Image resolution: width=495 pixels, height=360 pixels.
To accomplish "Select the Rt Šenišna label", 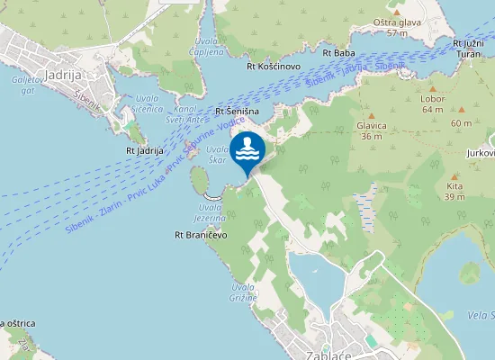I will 238,111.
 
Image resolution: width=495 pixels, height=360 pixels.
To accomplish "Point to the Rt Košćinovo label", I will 274,66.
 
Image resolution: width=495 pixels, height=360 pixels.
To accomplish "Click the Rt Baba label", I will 337,53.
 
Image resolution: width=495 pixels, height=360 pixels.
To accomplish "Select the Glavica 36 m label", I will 370,132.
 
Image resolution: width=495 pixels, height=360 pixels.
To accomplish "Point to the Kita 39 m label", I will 454,192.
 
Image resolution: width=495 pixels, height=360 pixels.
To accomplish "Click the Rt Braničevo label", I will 201,235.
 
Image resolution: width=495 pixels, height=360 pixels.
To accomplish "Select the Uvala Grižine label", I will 242,292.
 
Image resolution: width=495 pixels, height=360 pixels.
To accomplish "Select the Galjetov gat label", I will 22,84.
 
